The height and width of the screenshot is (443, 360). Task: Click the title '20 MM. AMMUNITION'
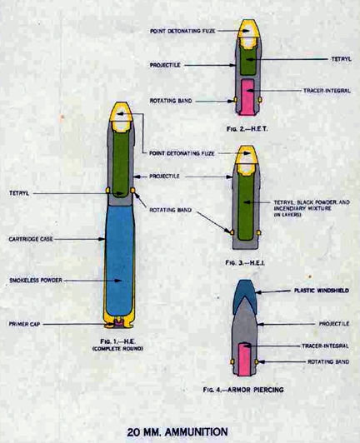[x=177, y=432]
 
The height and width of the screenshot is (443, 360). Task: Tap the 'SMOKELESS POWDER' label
[x=36, y=281]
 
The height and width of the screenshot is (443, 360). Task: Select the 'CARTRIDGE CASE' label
[x=31, y=239]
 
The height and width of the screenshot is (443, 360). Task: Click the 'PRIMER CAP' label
[x=24, y=324]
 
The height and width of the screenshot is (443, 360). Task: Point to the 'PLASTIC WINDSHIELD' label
[x=322, y=291]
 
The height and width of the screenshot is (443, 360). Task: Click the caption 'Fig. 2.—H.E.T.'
[x=247, y=129]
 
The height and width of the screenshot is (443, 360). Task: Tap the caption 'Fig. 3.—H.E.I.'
[x=245, y=263]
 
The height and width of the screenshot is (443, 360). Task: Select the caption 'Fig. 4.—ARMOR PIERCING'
[x=243, y=390]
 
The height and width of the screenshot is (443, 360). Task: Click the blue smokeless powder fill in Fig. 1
[x=119, y=260]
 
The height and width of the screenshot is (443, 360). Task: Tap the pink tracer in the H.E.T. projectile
[x=247, y=97]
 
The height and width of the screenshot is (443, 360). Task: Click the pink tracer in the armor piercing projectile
[x=244, y=359]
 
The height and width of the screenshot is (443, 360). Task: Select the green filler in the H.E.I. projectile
[x=245, y=207]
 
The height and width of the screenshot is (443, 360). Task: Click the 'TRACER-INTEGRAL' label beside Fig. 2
[x=327, y=91]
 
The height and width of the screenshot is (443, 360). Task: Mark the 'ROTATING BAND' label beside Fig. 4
[x=328, y=361]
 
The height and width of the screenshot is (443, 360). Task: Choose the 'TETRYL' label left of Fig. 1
[x=19, y=193]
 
